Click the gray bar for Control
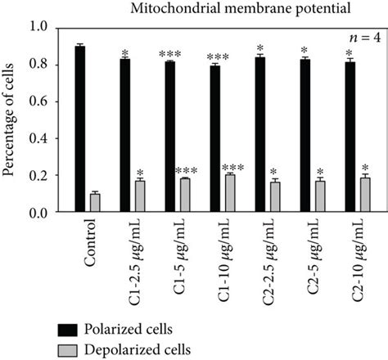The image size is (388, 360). tap(95, 204)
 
